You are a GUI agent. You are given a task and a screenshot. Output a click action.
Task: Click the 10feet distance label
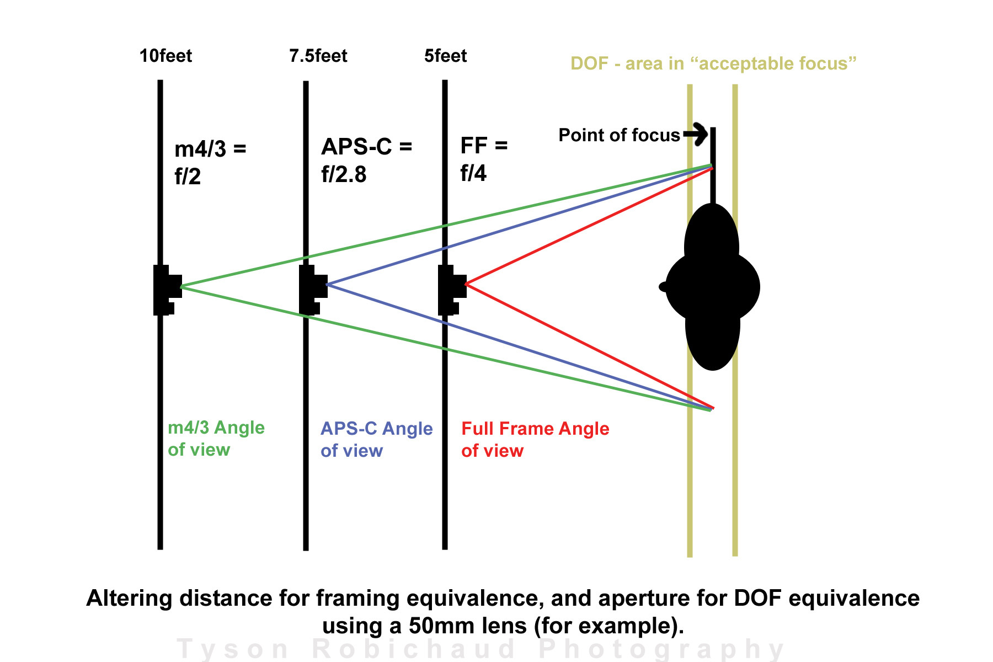pos(165,56)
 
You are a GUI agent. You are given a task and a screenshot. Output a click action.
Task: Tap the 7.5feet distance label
pos(318,56)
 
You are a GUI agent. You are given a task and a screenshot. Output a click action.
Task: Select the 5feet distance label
pos(445,56)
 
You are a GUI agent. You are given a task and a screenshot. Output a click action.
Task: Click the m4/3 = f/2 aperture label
pos(210,162)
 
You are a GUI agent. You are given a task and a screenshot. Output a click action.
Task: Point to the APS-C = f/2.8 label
pos(366,160)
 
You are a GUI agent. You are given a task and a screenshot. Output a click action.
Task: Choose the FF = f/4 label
pos(483,159)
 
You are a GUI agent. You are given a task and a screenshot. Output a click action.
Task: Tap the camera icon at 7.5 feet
pos(312,289)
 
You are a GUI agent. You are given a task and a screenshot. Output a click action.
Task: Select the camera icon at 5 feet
pos(451,289)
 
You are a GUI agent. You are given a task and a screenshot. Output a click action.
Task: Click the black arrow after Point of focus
pos(696,134)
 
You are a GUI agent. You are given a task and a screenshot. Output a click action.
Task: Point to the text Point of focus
pos(619,135)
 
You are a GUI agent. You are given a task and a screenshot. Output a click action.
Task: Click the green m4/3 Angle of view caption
pos(216,439)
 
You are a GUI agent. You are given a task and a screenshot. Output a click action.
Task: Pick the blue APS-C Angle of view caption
pos(376,440)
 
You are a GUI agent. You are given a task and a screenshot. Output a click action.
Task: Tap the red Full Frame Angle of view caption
pos(535,440)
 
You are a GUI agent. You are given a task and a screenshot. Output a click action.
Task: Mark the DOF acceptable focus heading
pos(713,63)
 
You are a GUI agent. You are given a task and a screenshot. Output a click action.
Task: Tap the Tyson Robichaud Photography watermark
pos(480,649)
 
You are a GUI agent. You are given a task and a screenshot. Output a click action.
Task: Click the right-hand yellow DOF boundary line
pos(735,320)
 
